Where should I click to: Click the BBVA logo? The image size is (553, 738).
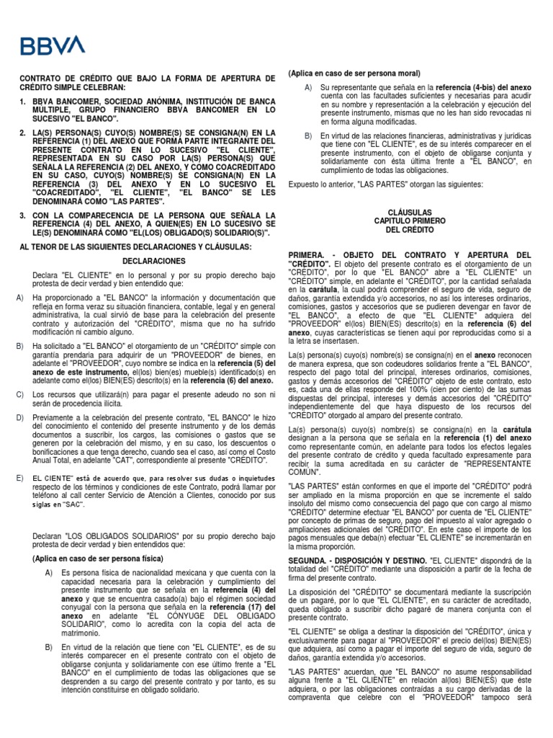pos(53,46)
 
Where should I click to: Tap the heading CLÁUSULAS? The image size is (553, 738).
pos(409,213)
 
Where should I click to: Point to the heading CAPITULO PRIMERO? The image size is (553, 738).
pos(409,221)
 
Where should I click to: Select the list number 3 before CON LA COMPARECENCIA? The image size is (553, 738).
pos(24,215)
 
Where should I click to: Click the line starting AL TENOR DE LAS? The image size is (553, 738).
pos(135,246)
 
